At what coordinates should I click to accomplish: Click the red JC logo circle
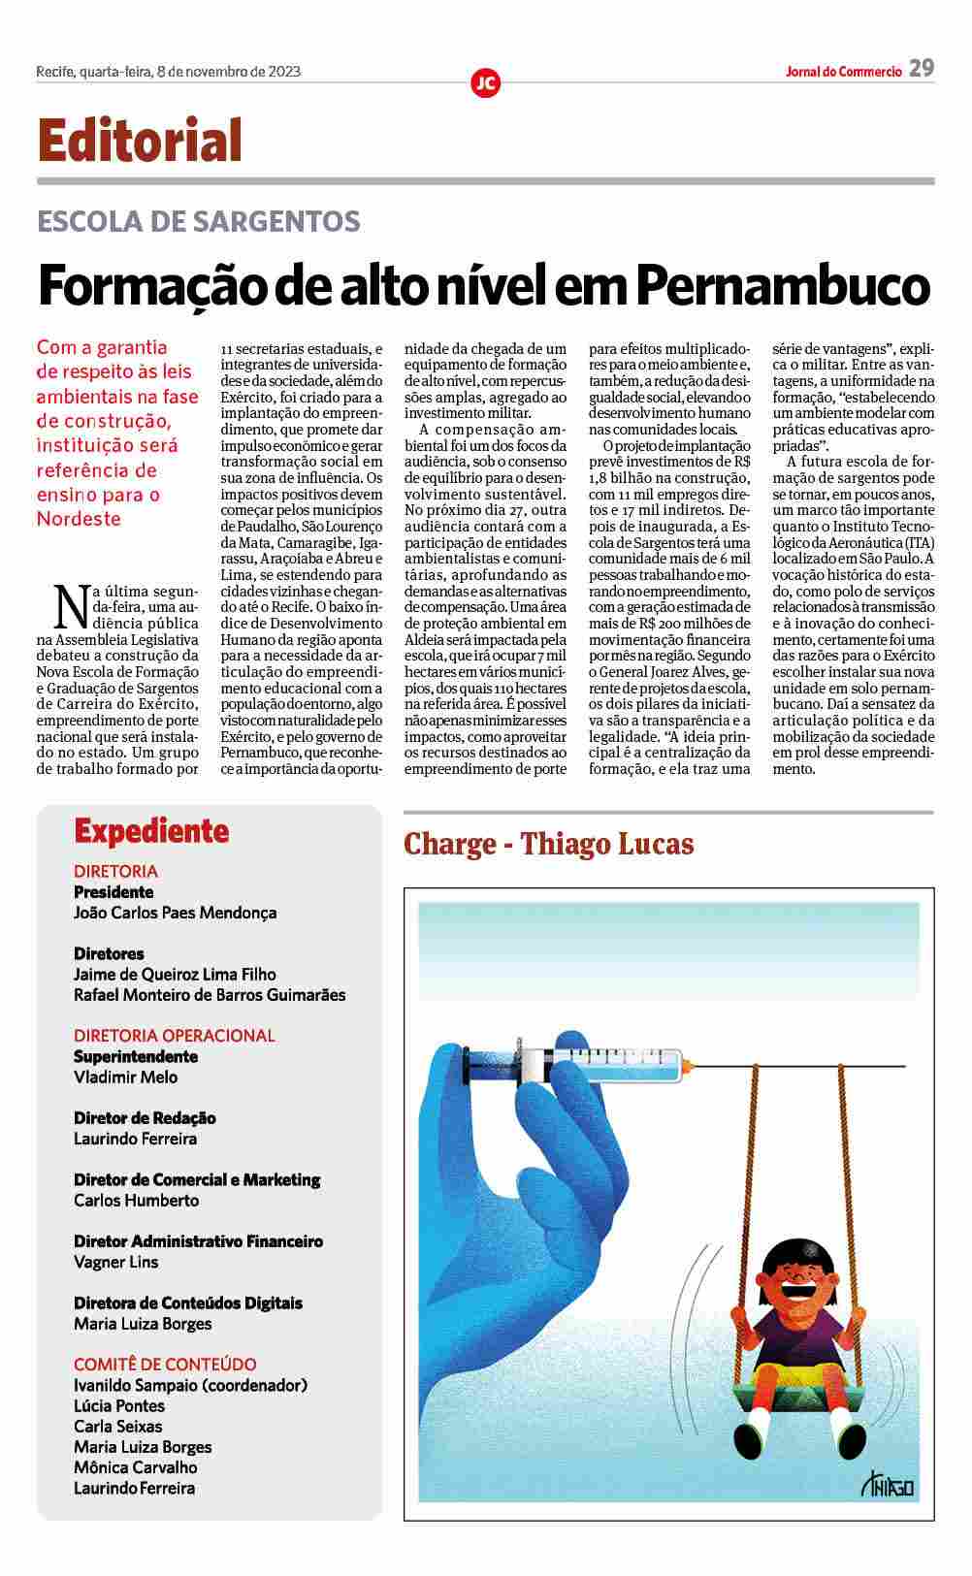pos(485,83)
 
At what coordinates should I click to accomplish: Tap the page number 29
pos(922,68)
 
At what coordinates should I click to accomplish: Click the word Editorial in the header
pos(140,141)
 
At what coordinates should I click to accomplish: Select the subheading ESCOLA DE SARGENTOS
pos(199,221)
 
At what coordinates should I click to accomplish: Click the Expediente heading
pos(151,831)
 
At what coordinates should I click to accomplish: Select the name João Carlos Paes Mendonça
pos(176,913)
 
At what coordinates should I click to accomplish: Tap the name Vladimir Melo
pos(126,1077)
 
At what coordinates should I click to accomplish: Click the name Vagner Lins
pos(116,1262)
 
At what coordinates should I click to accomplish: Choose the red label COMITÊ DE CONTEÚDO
pos(166,1365)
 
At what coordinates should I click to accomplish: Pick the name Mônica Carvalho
pos(136,1467)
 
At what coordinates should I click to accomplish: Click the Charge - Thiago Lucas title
pos(549,844)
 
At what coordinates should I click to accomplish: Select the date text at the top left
pos(168,71)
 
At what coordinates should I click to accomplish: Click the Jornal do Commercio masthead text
pos(844,72)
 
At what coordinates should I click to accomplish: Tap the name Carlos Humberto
pos(137,1201)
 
